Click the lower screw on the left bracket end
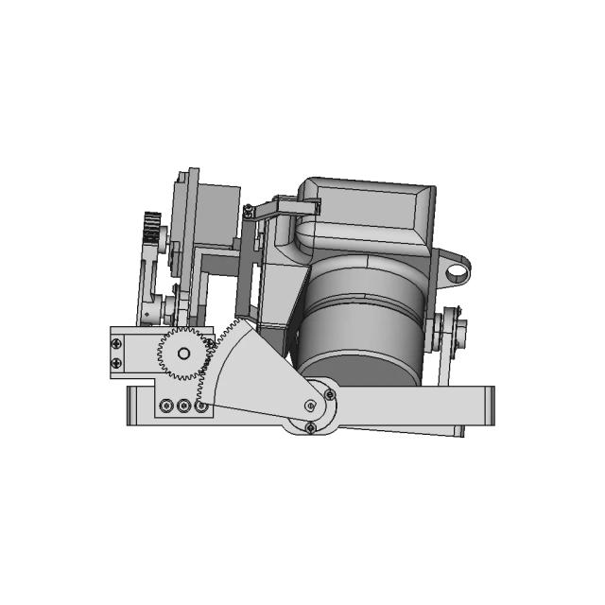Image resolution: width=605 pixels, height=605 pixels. [x=117, y=363]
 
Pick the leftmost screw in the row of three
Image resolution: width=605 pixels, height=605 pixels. [x=166, y=407]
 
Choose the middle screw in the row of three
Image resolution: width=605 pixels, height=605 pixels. [x=183, y=407]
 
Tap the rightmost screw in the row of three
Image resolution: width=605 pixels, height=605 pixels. [x=200, y=407]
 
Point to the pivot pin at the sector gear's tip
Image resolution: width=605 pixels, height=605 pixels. [x=310, y=405]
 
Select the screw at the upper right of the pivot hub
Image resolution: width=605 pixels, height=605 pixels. [x=329, y=391]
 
